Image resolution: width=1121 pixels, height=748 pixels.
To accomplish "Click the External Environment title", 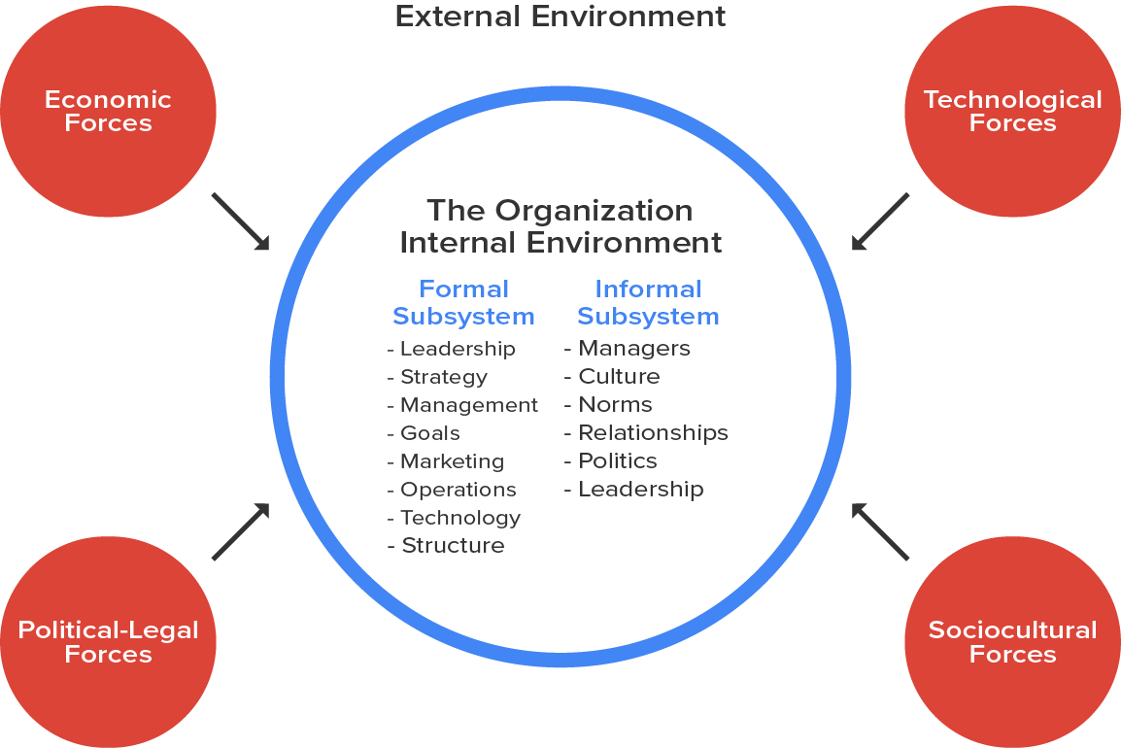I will coord(560,17).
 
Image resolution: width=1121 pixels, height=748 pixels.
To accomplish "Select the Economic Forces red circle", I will coord(108,111).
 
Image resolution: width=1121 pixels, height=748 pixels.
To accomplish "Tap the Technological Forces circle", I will coord(1012,111).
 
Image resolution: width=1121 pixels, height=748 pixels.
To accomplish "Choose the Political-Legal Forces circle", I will coord(108,642).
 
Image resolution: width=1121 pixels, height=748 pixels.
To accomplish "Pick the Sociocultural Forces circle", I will coord(1012,642).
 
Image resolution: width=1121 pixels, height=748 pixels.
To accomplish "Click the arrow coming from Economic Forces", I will coord(240,221).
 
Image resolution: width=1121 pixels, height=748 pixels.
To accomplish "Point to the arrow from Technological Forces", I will coord(880,221).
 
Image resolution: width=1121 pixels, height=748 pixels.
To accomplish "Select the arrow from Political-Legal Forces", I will coord(240,531).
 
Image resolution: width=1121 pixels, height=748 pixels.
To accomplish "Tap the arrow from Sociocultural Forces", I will coord(880,531).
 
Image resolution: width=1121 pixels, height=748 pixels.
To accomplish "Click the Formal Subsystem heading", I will coord(463,302).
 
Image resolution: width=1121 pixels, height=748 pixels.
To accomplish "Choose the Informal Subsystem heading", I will coord(648,302).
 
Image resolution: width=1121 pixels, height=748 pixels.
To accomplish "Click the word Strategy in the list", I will coord(443,377).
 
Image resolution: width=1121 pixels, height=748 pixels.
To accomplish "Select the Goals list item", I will coord(429,433).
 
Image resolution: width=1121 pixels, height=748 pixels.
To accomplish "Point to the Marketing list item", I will coord(452,461).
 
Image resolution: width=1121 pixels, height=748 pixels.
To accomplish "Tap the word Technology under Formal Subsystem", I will coord(459,518).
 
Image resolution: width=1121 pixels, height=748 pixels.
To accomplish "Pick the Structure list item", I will coord(453,546).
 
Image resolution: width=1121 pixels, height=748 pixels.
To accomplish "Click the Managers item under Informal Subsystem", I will coord(634,348).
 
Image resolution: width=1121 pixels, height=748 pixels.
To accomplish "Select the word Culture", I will coord(619,376).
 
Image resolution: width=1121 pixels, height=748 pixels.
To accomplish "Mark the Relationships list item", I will coord(653,432).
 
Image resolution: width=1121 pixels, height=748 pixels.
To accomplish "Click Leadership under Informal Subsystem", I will coord(641,489).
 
